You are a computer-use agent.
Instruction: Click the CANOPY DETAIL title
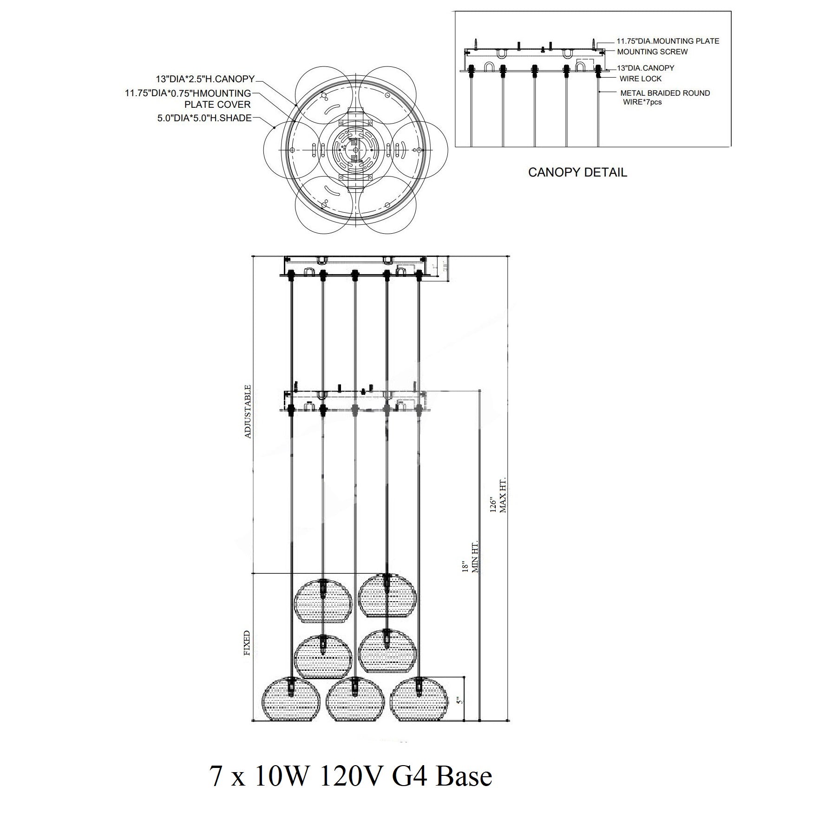577,172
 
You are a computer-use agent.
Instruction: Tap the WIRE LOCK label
640,79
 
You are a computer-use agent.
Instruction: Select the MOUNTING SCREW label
652,52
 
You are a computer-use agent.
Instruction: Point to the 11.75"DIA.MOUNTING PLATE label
668,41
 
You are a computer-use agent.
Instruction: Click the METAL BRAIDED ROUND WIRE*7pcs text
665,98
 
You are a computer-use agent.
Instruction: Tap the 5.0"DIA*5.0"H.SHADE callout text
204,118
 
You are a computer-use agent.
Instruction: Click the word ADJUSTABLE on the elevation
248,412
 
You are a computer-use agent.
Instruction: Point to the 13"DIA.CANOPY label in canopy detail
645,68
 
